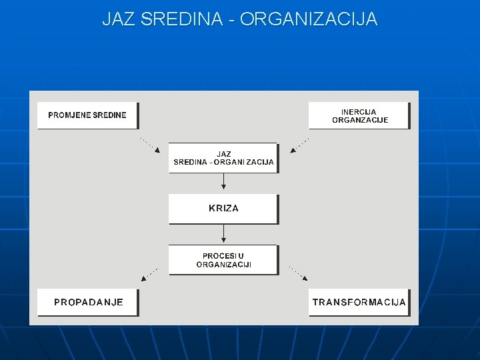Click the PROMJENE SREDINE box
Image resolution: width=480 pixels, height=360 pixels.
point(87,115)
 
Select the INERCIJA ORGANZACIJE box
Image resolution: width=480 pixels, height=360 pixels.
point(359,116)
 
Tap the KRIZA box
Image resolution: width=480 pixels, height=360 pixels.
point(223,209)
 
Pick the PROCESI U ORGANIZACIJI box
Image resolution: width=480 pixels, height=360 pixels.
point(223,260)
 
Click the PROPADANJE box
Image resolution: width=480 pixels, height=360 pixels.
point(87,303)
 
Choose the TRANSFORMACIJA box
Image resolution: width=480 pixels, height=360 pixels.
point(359,303)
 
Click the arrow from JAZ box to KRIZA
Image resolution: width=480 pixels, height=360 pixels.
point(223,182)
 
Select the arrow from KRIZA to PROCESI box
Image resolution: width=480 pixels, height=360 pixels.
point(223,233)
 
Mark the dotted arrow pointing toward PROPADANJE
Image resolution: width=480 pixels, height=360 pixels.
point(149,273)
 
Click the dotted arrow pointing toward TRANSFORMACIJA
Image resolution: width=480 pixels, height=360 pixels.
point(298,273)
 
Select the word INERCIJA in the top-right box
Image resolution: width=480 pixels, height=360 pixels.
point(359,112)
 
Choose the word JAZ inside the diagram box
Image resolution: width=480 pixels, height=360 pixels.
point(223,154)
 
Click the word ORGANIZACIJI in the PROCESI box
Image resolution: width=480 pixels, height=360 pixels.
point(223,265)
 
